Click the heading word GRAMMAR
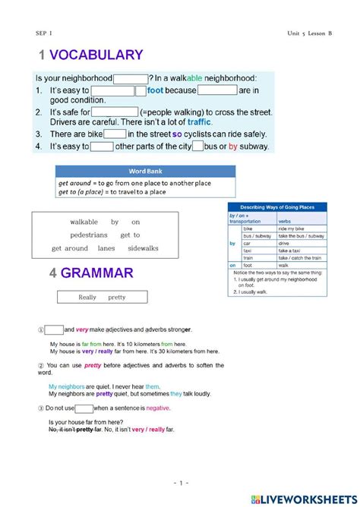(x=98, y=273)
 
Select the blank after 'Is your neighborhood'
(x=131, y=78)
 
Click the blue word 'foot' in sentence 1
(x=155, y=90)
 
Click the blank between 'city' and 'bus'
(x=197, y=146)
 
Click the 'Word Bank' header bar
(x=145, y=171)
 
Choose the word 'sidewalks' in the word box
(x=144, y=248)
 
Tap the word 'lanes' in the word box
(x=106, y=248)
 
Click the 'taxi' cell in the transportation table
(x=248, y=250)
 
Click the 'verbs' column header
(x=285, y=221)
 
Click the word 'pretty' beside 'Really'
(x=116, y=298)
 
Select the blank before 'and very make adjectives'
(x=53, y=329)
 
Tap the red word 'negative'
(x=158, y=408)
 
